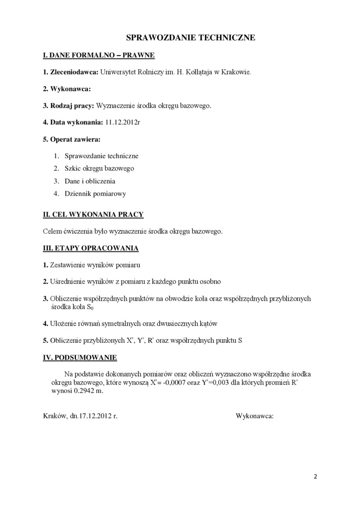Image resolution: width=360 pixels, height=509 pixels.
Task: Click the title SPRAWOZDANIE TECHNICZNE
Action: (190, 37)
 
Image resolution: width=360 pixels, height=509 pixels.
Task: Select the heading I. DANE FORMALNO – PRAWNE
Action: (99, 55)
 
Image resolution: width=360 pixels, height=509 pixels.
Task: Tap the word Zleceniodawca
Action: (74, 72)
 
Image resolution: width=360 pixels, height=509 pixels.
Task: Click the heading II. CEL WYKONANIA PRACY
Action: (93, 214)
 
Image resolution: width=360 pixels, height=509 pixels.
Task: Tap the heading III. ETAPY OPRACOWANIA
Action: (91, 248)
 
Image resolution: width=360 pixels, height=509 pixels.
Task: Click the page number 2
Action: (315, 476)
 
